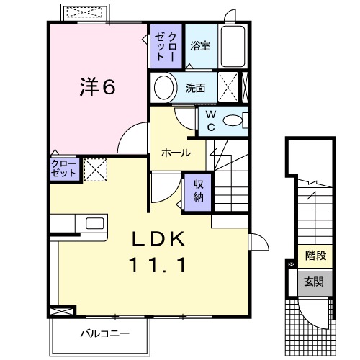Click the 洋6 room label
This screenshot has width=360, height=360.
[x=97, y=87]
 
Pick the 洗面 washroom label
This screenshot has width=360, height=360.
[x=196, y=89]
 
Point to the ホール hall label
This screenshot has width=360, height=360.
[x=176, y=153]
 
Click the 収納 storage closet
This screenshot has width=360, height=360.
[x=198, y=190]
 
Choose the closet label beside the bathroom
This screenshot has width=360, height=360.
[x=166, y=45]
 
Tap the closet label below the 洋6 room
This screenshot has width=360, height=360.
[x=63, y=168]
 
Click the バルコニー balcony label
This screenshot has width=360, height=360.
[x=105, y=333]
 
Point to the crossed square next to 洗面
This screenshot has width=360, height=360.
[x=229, y=88]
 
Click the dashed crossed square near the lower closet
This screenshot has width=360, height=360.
[x=94, y=168]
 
